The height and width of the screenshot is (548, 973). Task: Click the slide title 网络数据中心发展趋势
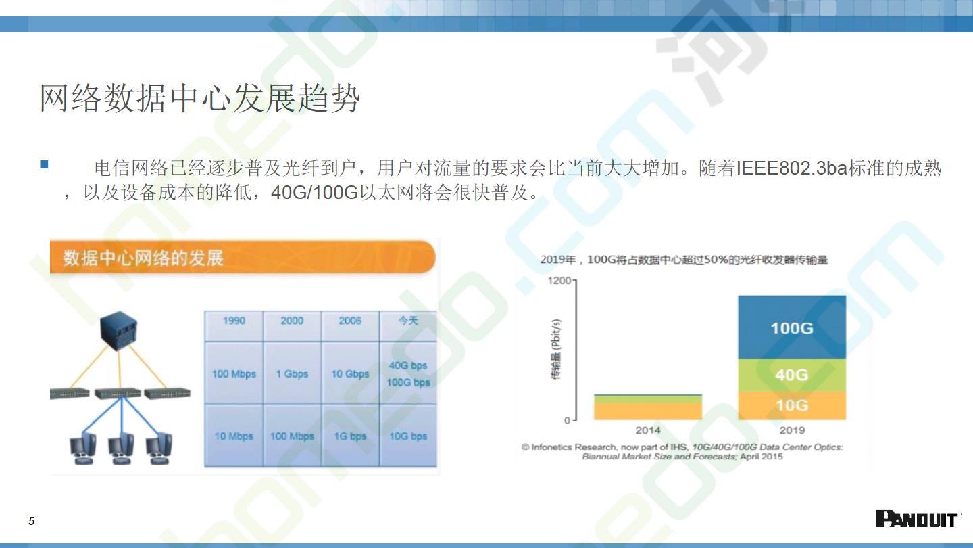point(199,98)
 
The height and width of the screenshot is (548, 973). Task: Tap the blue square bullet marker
point(44,164)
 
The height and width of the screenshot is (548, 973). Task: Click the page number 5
point(31,521)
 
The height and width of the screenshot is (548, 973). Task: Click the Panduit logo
point(916,519)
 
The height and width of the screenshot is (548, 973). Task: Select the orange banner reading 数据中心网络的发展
point(243,257)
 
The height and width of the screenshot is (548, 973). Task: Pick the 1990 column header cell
point(234,326)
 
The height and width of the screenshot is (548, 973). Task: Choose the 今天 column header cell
point(408,326)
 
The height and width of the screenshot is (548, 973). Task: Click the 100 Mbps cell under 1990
point(234,373)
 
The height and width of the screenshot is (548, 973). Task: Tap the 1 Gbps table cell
point(292,373)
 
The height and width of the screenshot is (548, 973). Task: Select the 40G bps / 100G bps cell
point(408,373)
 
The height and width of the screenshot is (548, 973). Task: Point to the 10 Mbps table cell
point(234,436)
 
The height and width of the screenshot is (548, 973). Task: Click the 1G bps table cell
point(350,436)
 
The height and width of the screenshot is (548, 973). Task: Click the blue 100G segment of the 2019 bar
point(792,327)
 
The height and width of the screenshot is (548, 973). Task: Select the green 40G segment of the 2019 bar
point(792,375)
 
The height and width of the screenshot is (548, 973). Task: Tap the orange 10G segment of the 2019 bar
point(792,405)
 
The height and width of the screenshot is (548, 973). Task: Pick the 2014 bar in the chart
point(647,407)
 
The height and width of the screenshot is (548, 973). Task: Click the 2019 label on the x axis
point(792,430)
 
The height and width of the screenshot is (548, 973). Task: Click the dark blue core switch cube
point(119,331)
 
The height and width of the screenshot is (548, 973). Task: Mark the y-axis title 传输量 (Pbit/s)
point(556,349)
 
